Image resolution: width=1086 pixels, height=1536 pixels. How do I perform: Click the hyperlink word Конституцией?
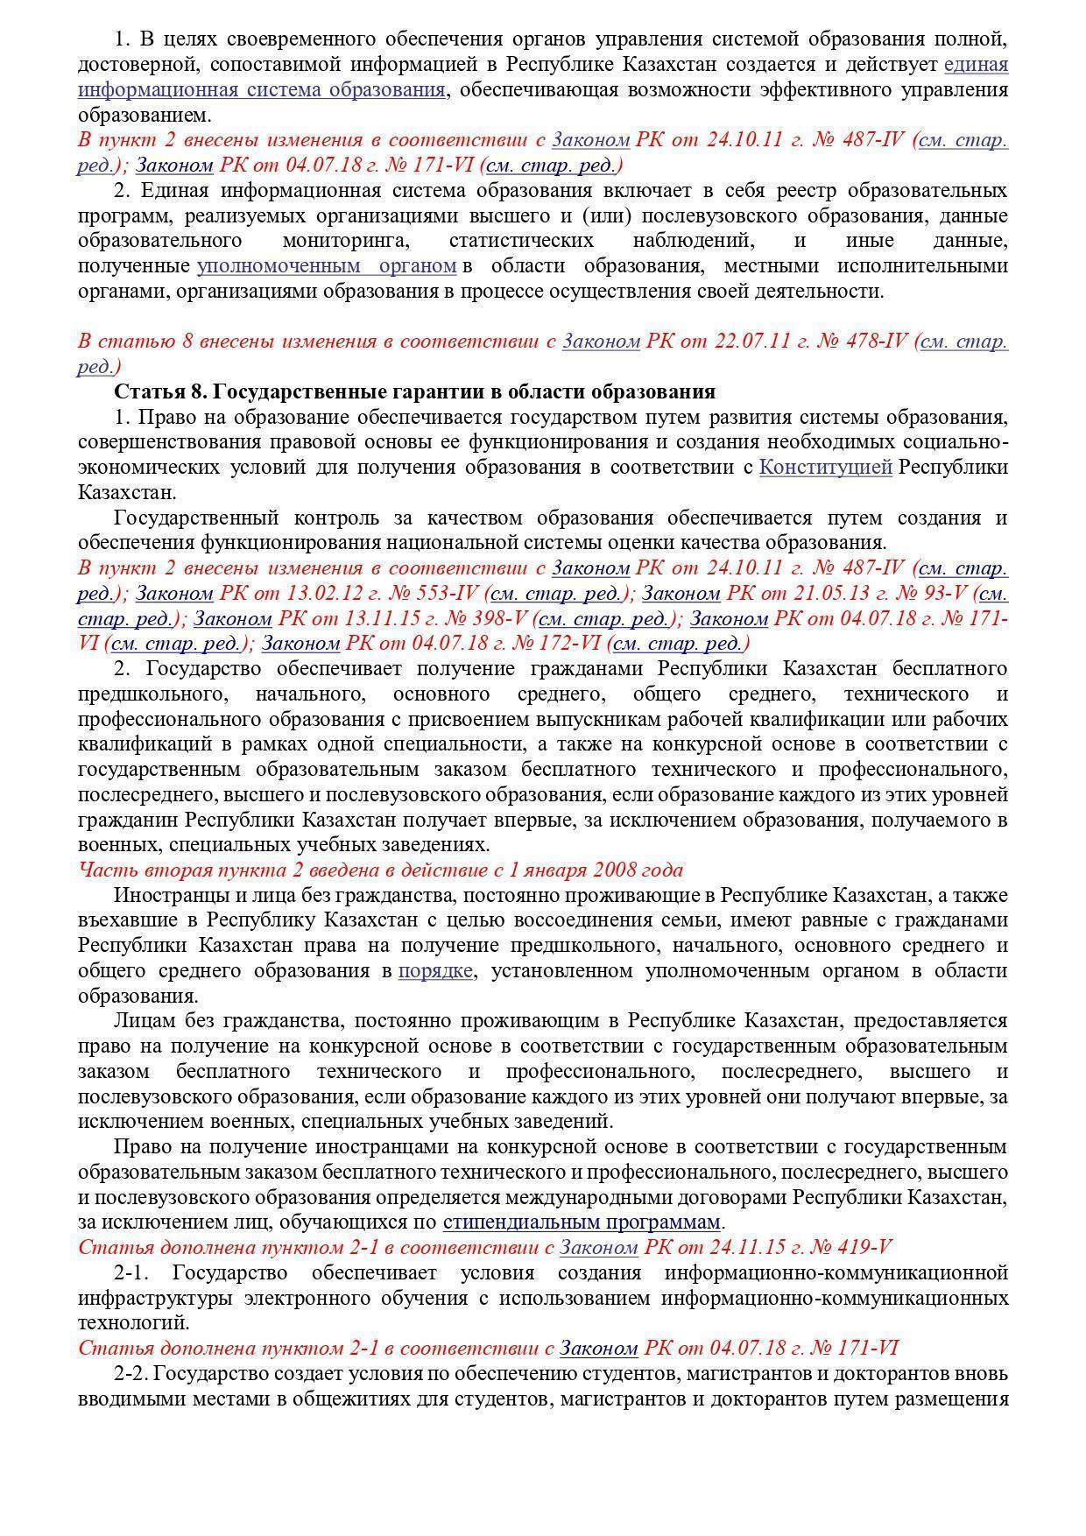[825, 468]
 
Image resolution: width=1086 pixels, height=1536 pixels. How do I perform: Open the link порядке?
[436, 971]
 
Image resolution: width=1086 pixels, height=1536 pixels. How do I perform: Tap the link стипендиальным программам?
[582, 1222]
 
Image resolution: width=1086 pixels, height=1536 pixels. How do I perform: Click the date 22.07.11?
[756, 342]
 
